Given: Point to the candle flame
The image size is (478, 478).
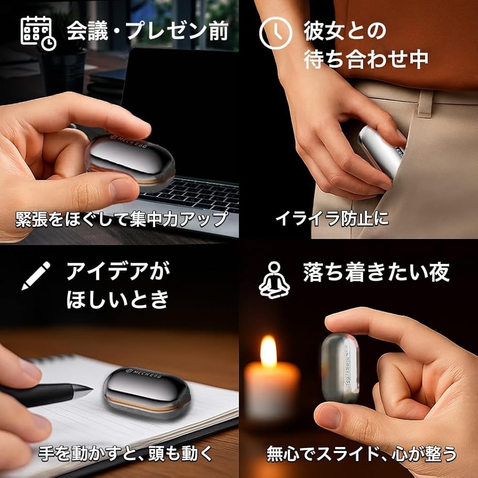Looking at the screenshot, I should tap(268, 351).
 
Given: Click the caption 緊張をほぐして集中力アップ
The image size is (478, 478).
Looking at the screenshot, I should tap(121, 219).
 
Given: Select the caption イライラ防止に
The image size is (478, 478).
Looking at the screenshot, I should tap(332, 219).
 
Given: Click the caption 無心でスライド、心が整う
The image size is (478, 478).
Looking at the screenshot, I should tap(362, 453).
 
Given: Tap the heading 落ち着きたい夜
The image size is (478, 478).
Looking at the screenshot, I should tap(377, 273).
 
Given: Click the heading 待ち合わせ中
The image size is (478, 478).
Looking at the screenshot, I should tap(366, 60).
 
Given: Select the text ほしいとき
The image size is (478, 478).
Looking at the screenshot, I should tap(117, 300).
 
